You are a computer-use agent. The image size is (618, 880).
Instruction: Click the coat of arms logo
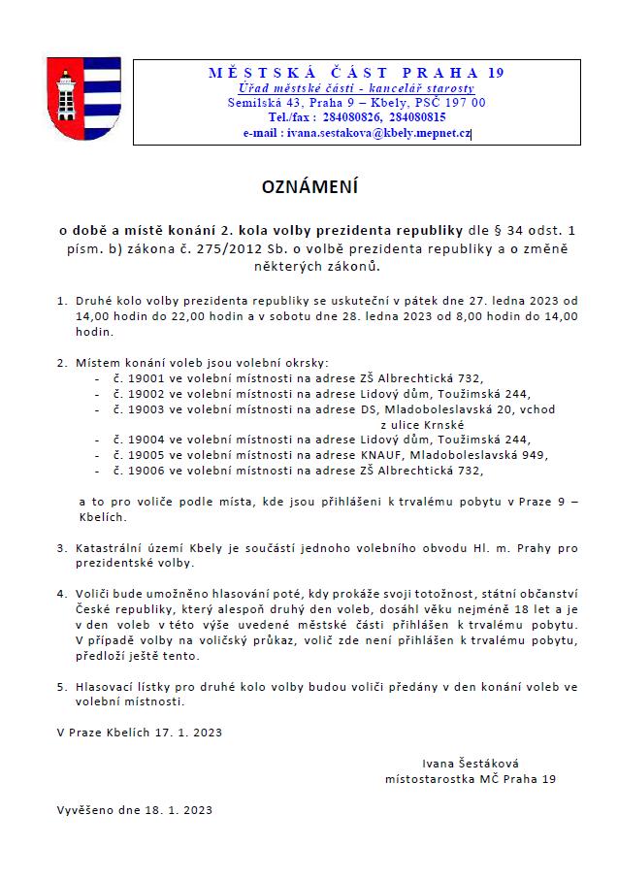tap(84, 100)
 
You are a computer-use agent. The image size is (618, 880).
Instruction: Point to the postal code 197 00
tap(467, 102)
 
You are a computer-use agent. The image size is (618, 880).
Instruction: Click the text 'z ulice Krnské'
tap(423, 424)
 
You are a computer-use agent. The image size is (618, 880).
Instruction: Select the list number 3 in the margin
tap(61, 547)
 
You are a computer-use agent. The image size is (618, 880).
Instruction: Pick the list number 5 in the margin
tap(61, 686)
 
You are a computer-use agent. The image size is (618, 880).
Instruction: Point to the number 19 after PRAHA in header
tap(495, 73)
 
